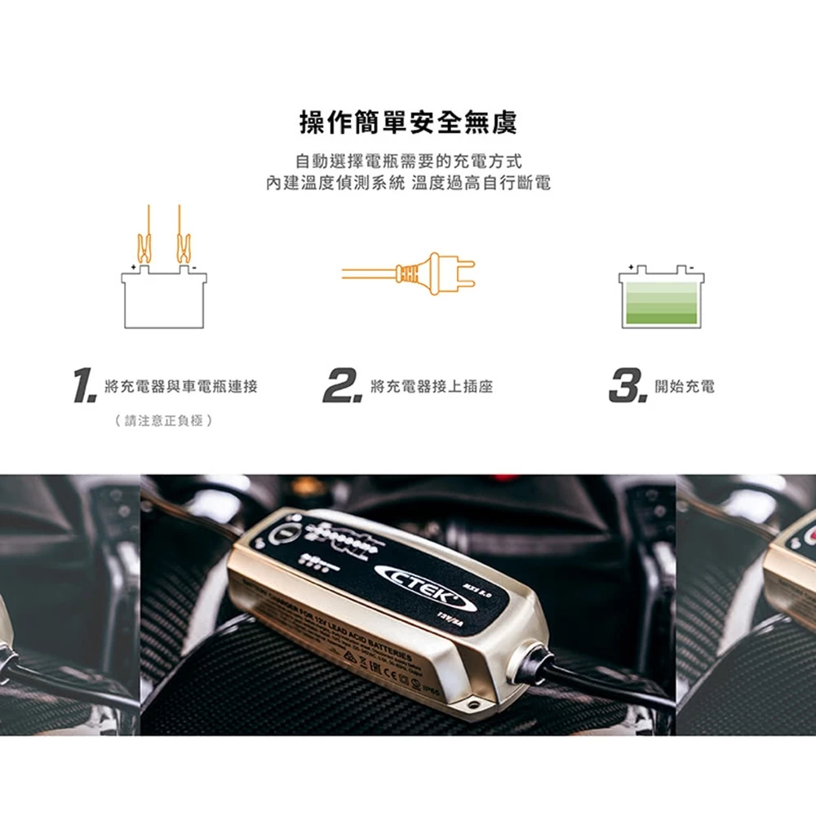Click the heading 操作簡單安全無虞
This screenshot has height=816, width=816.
point(408,123)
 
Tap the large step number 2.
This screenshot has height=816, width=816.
point(341,386)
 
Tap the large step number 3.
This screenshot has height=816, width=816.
point(627,386)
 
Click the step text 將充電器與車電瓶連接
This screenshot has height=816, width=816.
point(181,387)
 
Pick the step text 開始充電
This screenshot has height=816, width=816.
point(685,387)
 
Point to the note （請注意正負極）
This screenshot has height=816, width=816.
point(164,421)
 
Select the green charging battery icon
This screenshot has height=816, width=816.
point(661,299)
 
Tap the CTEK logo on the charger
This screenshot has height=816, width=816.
point(420,580)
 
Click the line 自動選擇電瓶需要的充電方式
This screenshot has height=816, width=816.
point(408,160)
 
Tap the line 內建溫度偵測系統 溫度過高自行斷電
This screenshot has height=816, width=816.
point(408,183)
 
